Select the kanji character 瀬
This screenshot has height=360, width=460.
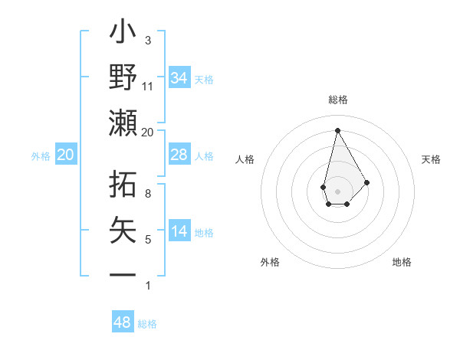coord(123,123)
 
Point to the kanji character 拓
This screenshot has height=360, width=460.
coord(123,183)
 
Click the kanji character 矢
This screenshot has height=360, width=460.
coord(123,229)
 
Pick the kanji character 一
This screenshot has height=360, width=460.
coord(123,273)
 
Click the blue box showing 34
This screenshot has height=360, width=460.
coord(179,78)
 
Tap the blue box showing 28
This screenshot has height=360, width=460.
coord(179,155)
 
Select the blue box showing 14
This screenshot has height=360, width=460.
coord(179,231)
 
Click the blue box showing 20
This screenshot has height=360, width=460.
coord(66,155)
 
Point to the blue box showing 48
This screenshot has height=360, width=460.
coord(123,322)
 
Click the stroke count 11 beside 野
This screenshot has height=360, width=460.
coord(148,86)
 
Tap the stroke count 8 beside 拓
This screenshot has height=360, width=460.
coord(148,193)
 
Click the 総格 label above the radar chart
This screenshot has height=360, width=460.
coord(337,100)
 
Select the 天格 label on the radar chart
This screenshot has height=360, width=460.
coord(431,159)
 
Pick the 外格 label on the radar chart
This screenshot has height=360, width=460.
coord(270,262)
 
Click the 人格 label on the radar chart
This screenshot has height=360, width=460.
coord(245,159)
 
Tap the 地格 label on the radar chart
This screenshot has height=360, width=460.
coord(402,262)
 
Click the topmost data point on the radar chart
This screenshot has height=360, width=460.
coord(337,129)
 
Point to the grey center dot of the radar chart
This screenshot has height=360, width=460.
coord(337,190)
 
